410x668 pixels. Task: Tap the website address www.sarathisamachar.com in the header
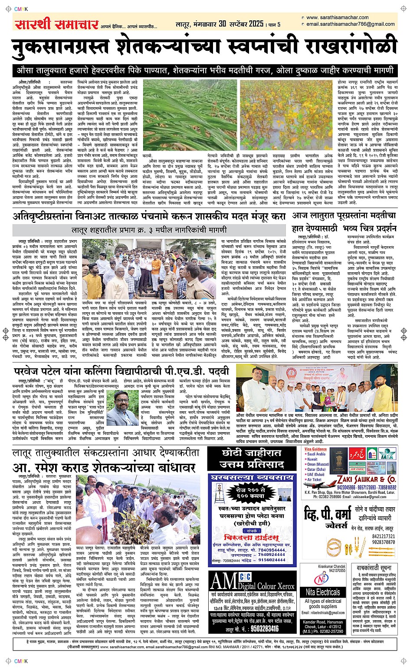(x=337, y=18)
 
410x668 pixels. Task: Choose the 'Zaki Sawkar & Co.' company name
(x=366, y=479)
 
